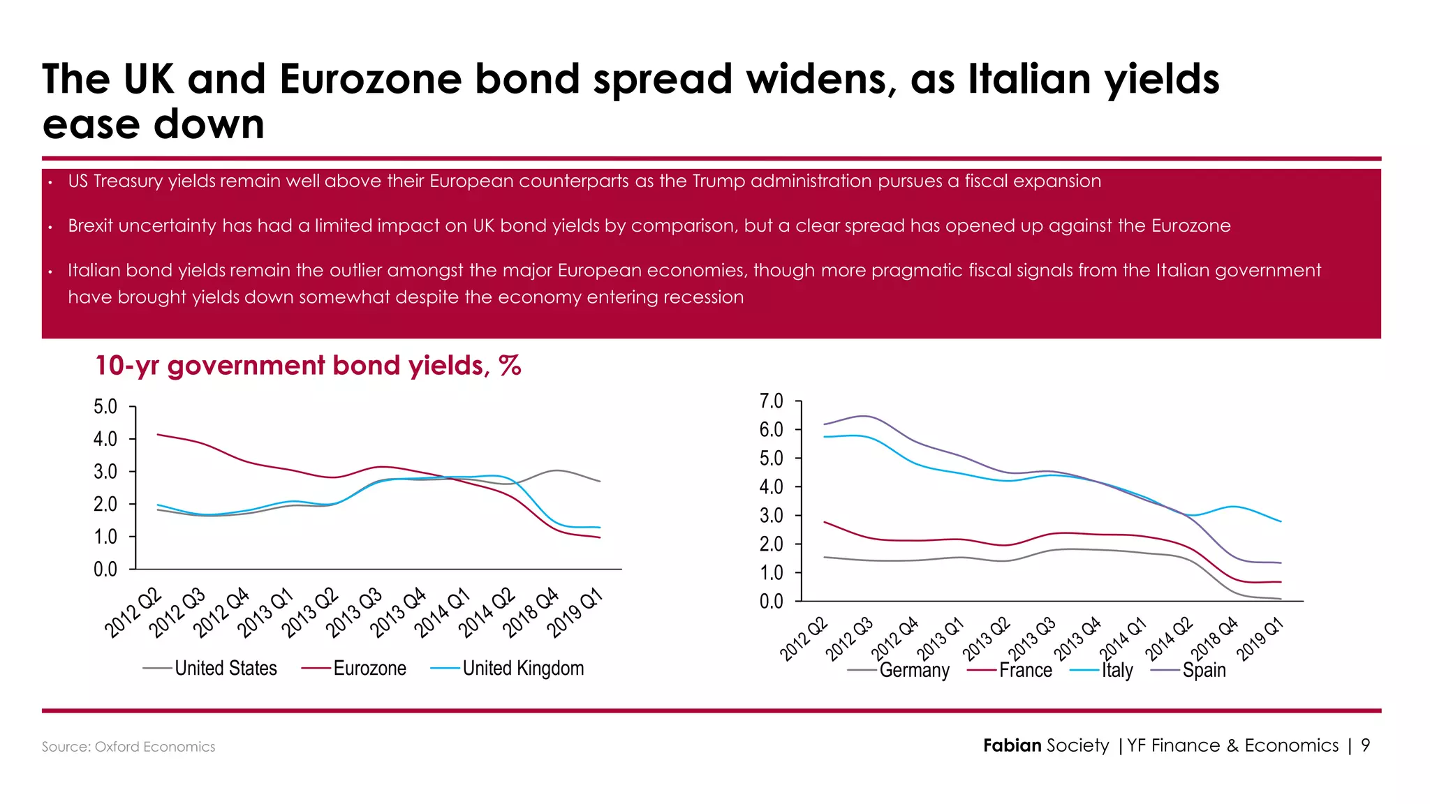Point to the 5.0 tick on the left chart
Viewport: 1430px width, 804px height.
105,407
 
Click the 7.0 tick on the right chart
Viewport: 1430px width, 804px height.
772,401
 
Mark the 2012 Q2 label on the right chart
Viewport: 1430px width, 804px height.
804,639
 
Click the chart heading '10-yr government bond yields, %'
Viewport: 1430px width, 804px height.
308,366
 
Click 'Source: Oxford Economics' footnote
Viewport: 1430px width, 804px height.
128,747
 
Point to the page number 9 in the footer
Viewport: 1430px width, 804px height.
1365,745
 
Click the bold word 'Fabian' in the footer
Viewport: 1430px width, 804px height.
1012,745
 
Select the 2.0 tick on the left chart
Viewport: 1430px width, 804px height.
105,504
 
